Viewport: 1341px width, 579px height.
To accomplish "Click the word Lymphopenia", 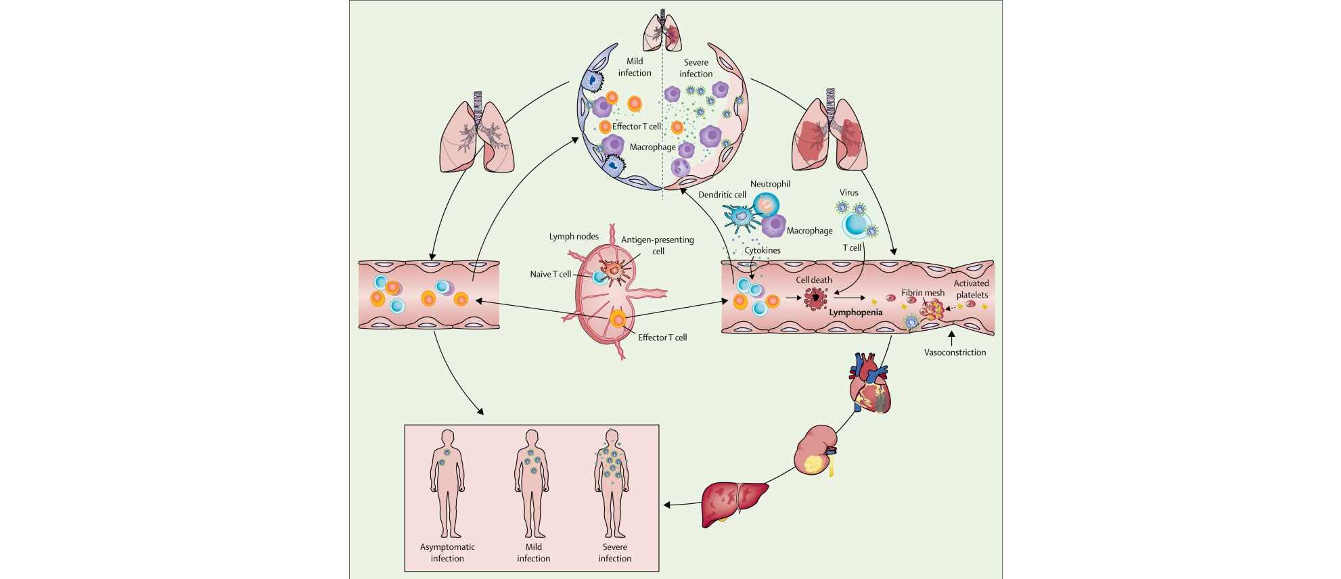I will coord(856,312).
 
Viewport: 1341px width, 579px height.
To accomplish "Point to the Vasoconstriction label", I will coord(955,352).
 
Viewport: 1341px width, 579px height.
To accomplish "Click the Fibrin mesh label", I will coord(922,293).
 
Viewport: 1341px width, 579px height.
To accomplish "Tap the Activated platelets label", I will coord(972,289).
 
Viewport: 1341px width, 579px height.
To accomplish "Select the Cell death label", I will coord(814,280).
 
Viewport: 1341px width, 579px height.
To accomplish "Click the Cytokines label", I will coord(763,250).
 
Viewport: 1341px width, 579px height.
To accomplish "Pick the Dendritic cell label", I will coord(722,195).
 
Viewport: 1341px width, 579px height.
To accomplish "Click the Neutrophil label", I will coord(770,184).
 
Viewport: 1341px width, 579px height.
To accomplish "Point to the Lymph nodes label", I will coord(574,237).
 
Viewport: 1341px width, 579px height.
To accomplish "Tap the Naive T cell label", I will coord(551,275).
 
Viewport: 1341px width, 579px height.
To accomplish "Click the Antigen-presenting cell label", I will coord(658,245).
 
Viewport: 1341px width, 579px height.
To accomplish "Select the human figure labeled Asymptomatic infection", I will coord(447,483).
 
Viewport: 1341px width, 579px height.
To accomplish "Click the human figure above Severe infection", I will coord(612,483).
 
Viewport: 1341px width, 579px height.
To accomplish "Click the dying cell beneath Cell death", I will coord(815,298).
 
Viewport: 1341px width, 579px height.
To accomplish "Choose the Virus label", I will coord(848,193).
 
